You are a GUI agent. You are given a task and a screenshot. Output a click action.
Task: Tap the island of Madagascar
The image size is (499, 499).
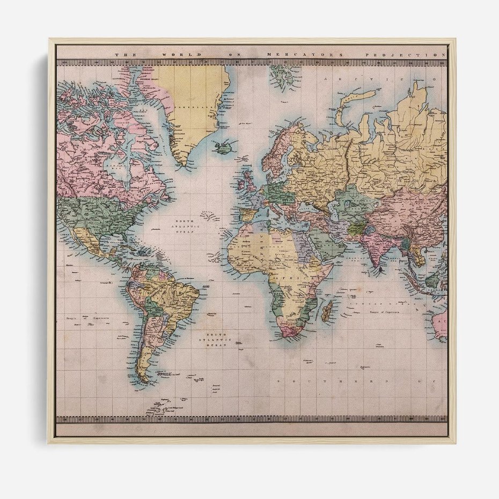327,310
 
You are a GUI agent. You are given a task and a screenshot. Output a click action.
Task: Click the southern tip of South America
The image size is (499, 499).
144,380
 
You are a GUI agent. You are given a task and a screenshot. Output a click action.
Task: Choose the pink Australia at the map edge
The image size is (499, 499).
439,325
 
